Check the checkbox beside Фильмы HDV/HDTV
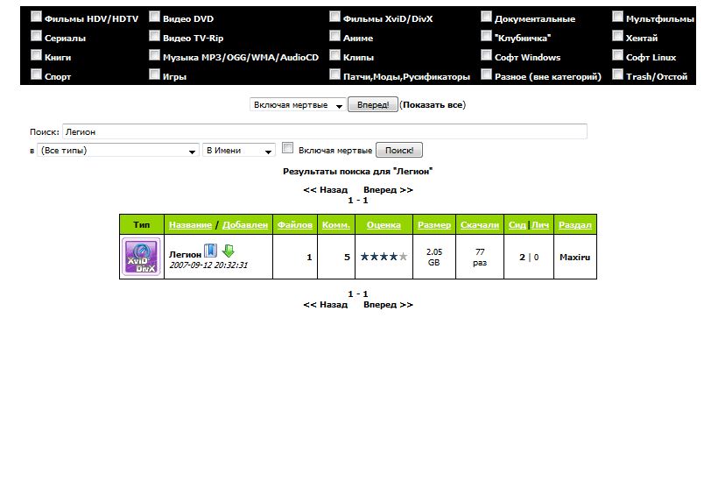click(36, 17)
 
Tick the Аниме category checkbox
click(335, 37)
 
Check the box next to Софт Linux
click(617, 56)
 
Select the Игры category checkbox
click(154, 75)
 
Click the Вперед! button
click(373, 104)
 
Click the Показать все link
click(433, 105)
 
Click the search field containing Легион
click(324, 131)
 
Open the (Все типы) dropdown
click(118, 151)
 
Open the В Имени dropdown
click(239, 151)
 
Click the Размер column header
click(434, 225)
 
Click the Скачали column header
click(480, 225)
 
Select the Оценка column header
click(384, 225)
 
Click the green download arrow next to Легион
click(228, 251)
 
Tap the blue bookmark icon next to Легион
click(211, 251)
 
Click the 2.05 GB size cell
click(433, 257)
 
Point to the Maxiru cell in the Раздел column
click(574, 258)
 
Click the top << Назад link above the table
click(326, 189)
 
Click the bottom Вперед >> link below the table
click(388, 305)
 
